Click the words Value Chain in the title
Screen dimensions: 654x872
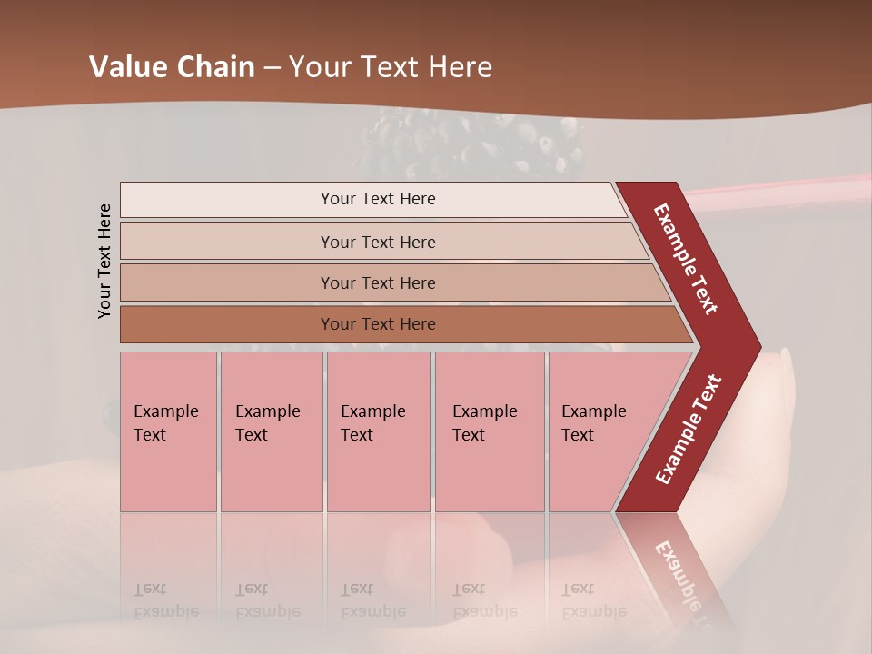click(x=172, y=67)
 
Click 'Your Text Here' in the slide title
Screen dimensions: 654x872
click(x=391, y=67)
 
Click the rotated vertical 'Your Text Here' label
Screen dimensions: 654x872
click(x=104, y=261)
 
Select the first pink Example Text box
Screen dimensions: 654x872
click(x=168, y=431)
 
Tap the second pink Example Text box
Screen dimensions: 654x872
click(x=271, y=431)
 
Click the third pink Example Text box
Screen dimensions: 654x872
click(x=378, y=431)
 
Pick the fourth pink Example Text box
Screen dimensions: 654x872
click(x=489, y=431)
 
